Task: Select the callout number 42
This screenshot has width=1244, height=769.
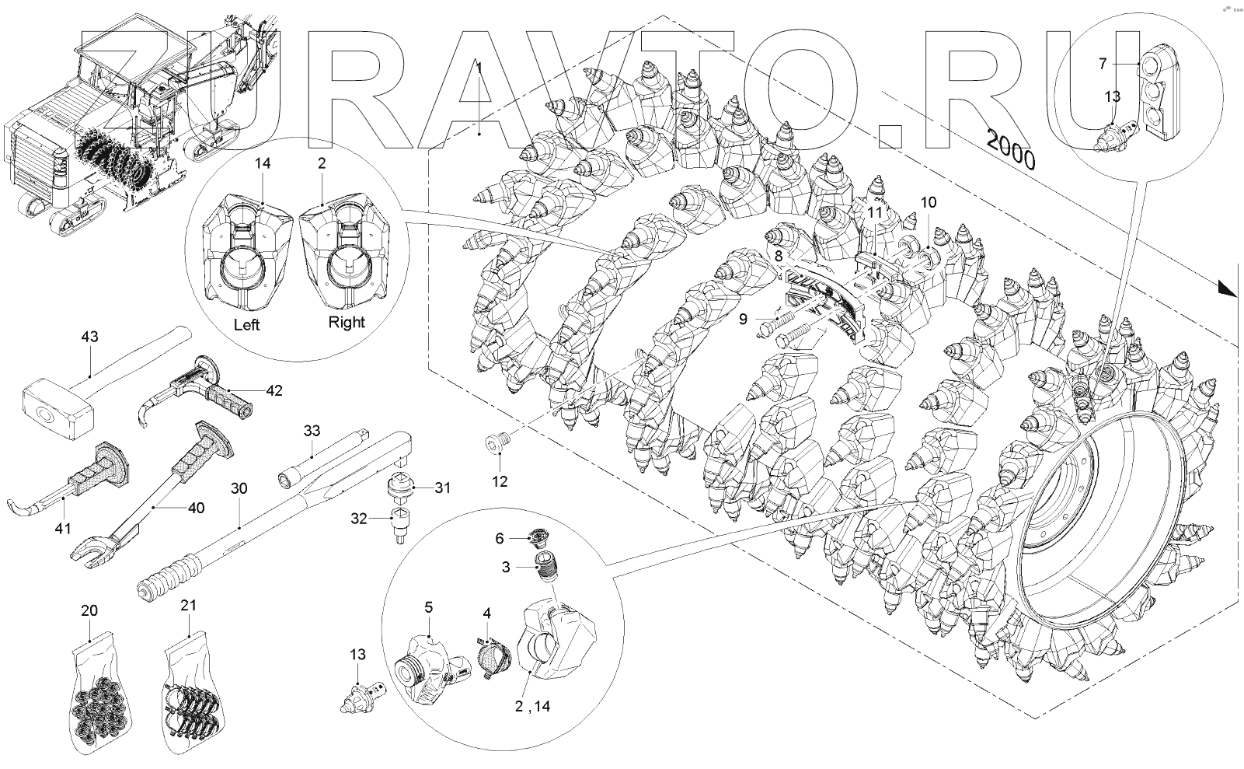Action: pyautogui.click(x=274, y=390)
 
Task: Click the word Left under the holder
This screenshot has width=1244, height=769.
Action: pyautogui.click(x=246, y=325)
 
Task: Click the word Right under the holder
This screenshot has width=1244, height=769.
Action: pyautogui.click(x=346, y=322)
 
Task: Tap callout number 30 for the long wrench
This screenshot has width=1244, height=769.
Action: pyautogui.click(x=239, y=488)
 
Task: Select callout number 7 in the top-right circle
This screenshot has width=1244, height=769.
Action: pyautogui.click(x=1103, y=65)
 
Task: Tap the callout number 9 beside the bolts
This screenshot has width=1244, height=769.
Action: pyautogui.click(x=742, y=319)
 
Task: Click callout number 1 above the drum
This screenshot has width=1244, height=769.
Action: pyautogui.click(x=479, y=68)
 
